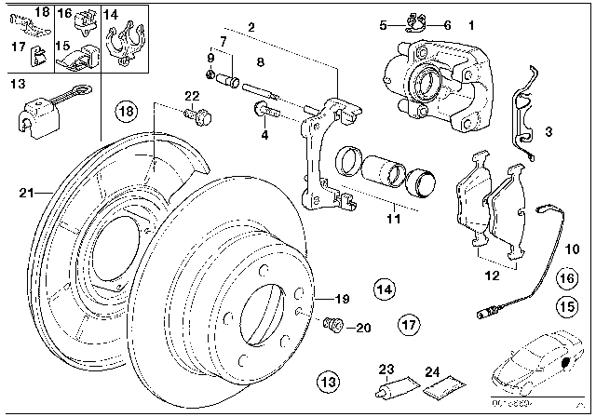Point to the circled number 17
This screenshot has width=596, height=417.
pyautogui.click(x=407, y=325)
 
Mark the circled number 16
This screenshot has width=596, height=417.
pyautogui.click(x=565, y=277)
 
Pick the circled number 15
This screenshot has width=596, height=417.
pyautogui.click(x=565, y=304)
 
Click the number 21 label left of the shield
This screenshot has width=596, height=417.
pyautogui.click(x=25, y=193)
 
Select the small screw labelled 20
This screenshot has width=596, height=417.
pyautogui.click(x=332, y=325)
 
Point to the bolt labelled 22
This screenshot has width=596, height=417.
pyautogui.click(x=197, y=116)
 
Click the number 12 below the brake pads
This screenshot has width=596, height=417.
pyautogui.click(x=490, y=276)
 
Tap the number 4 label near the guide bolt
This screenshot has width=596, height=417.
pyautogui.click(x=264, y=135)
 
